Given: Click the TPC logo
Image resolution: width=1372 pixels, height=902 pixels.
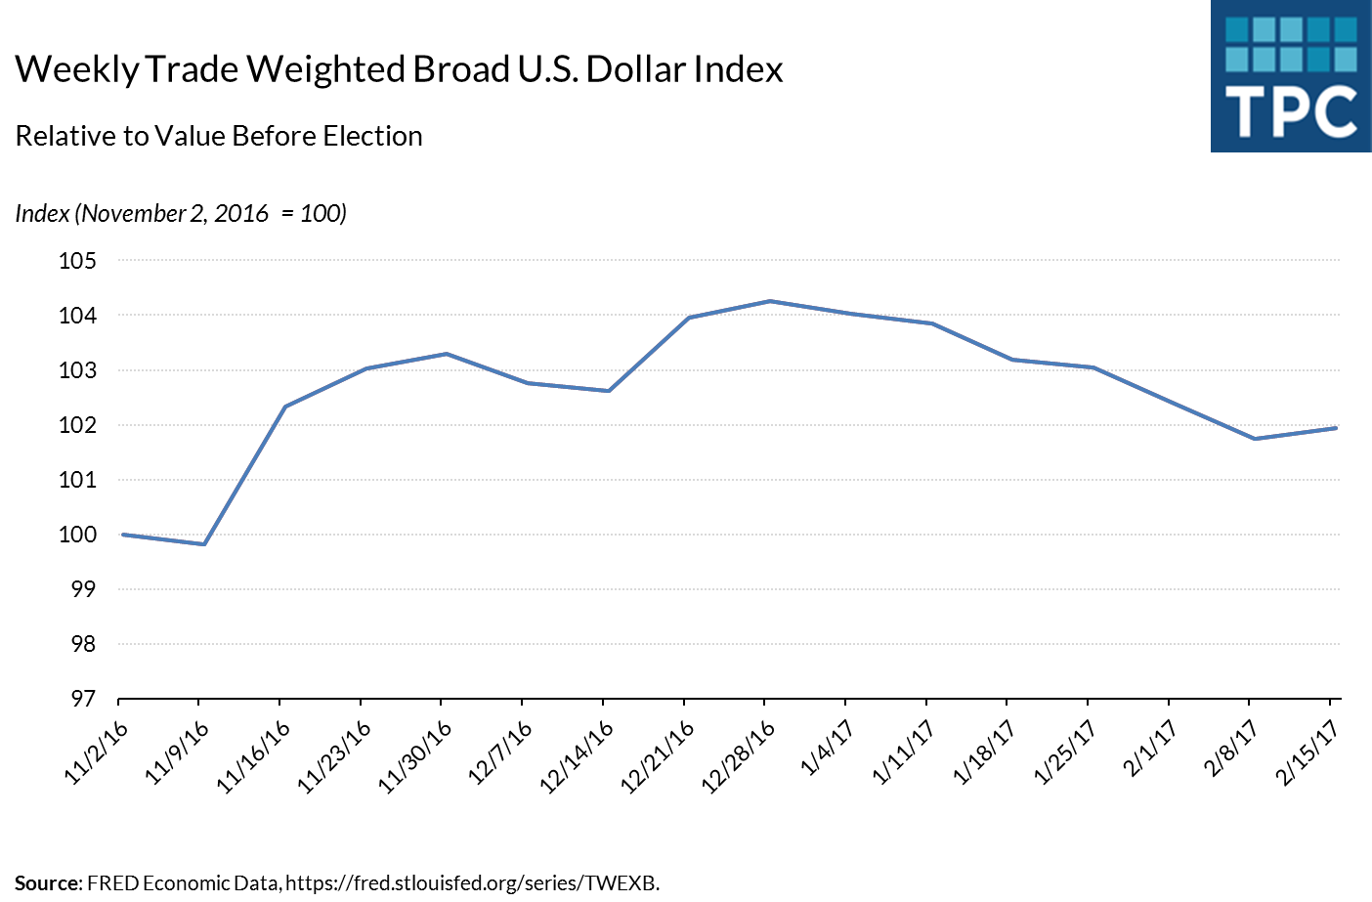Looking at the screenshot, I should click(1290, 76).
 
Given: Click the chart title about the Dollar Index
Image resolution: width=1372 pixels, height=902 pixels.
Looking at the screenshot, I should click(399, 69).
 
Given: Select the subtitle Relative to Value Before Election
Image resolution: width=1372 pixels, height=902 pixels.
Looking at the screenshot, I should click(219, 136).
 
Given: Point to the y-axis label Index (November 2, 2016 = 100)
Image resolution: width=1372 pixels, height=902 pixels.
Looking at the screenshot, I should click(181, 213).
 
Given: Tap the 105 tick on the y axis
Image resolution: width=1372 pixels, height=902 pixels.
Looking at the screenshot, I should click(78, 261).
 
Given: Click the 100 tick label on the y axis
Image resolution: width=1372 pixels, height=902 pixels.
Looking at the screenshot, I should click(78, 535).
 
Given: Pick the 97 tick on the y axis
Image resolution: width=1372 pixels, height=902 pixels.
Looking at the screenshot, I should click(83, 699).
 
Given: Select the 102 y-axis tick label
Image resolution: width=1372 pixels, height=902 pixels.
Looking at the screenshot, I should click(78, 425).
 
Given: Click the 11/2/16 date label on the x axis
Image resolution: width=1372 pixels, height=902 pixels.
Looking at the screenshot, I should click(96, 753).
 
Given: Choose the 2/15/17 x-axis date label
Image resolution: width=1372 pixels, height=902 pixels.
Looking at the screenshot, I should click(1307, 753).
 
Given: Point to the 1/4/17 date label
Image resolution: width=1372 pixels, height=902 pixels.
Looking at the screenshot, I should click(827, 749).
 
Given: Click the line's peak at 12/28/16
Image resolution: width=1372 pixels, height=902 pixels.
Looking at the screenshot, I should click(770, 301).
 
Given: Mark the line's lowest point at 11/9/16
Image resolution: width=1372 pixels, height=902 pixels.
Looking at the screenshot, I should click(203, 544).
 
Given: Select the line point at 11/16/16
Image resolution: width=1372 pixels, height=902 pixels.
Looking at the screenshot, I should click(284, 407).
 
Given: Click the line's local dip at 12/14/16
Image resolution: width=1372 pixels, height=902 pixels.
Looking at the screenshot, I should click(609, 391).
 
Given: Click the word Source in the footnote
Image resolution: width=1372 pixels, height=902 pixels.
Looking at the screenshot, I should click(48, 883).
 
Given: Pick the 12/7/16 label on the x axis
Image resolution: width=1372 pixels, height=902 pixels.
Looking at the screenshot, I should click(500, 752).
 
